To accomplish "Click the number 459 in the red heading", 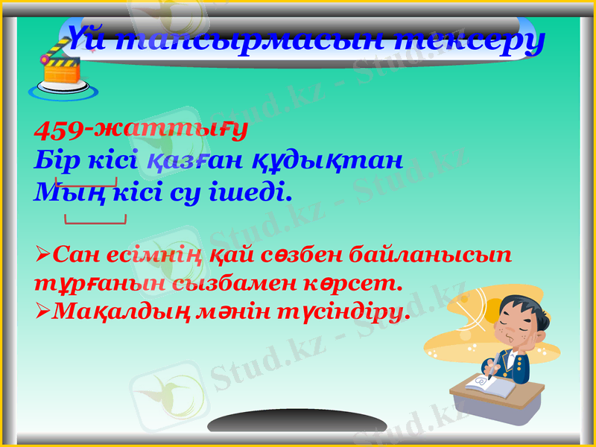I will click(x=59, y=130).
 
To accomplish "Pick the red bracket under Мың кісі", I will click(x=95, y=221).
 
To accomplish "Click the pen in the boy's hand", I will click(x=492, y=364).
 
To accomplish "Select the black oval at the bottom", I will click(x=297, y=422).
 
